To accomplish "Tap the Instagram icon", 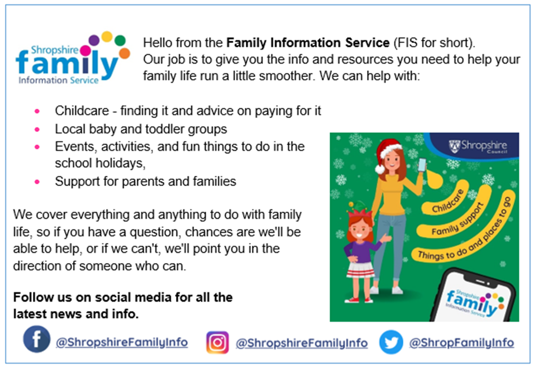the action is [217, 342].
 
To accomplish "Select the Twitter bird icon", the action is [391, 342].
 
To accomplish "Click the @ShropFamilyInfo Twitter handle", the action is [461, 342].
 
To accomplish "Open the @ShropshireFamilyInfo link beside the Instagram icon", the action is [302, 343].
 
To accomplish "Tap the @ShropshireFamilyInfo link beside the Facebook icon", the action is [122, 342].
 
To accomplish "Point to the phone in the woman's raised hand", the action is [422, 165].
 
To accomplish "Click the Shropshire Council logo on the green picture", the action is [478, 146].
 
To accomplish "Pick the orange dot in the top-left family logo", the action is [125, 54].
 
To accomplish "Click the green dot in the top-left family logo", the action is [120, 41].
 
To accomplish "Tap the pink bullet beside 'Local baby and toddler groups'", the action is [37, 130].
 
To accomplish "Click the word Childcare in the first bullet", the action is [82, 111].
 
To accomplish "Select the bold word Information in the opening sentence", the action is [306, 42].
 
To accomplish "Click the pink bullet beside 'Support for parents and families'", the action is [37, 182].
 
